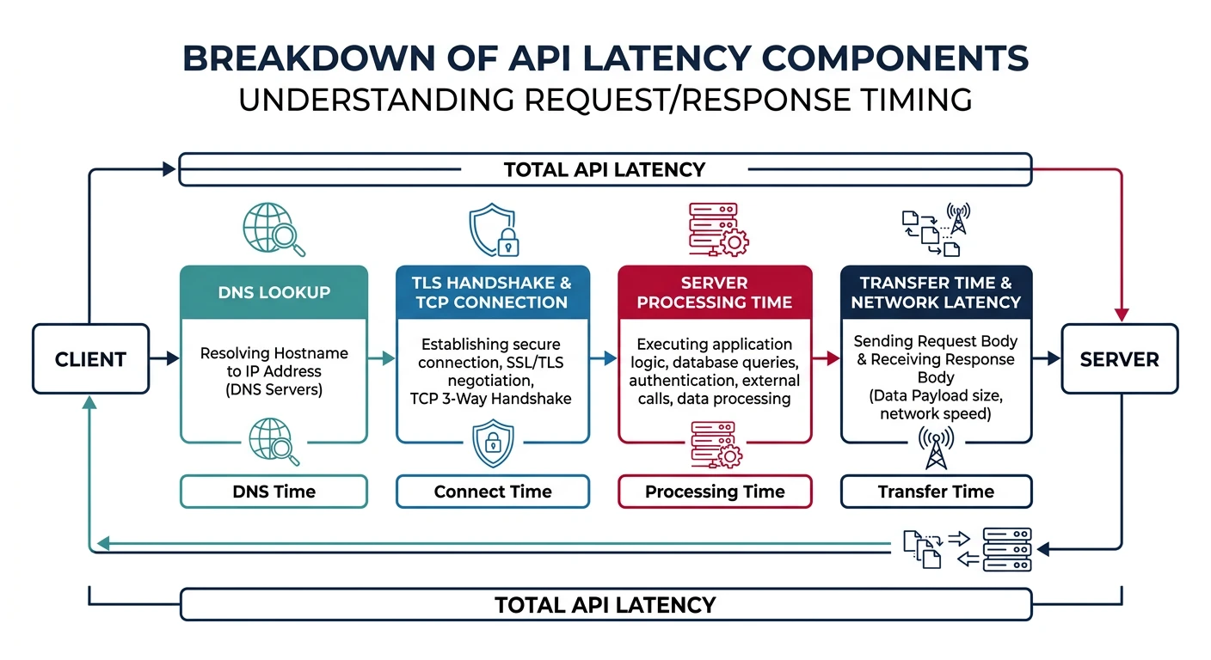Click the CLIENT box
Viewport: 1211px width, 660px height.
(x=90, y=358)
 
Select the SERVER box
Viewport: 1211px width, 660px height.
(x=1119, y=358)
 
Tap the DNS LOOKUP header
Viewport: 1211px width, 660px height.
(x=274, y=292)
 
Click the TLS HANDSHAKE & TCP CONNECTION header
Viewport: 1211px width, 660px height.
(x=492, y=292)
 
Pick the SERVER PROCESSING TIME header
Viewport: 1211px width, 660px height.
(x=715, y=292)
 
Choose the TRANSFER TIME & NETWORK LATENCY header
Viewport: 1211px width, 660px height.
(x=936, y=292)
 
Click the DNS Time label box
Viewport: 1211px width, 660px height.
(x=274, y=492)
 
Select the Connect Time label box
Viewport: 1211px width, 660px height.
(x=492, y=492)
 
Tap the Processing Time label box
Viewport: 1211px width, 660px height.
(x=715, y=492)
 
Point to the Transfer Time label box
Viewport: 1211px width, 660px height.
(x=936, y=492)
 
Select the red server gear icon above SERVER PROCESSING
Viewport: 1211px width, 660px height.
(x=716, y=229)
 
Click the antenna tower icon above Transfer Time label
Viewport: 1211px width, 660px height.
(x=936, y=448)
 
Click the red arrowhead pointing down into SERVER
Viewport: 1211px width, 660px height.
(x=1122, y=314)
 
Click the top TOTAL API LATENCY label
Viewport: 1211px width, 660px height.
(x=605, y=169)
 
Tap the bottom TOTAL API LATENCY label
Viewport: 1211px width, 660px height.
(x=605, y=604)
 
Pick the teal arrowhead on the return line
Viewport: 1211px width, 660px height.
(x=102, y=542)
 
